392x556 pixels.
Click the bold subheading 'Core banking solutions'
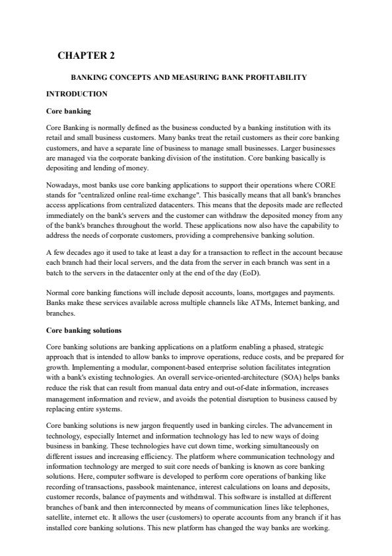click(x=84, y=330)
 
